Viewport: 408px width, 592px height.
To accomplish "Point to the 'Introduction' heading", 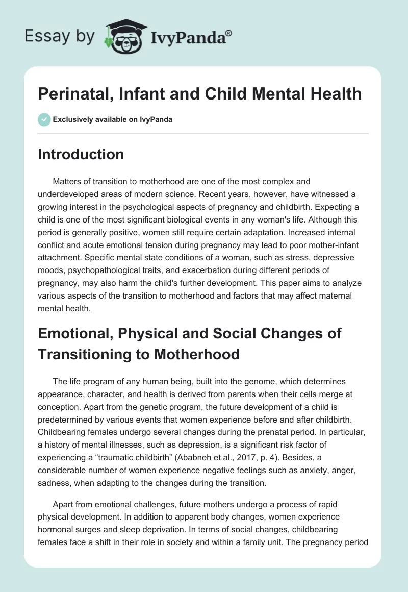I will (81, 154).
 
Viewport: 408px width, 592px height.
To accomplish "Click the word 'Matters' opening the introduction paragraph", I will (68, 181).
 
